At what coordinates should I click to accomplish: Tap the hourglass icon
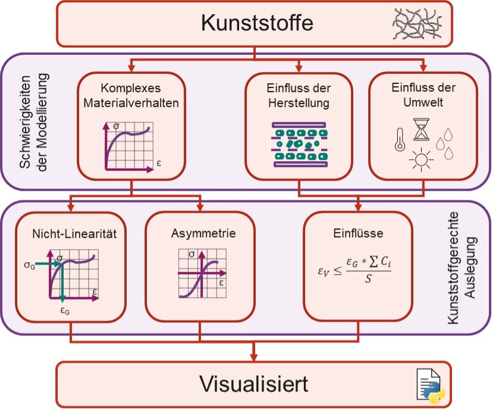(x=422, y=129)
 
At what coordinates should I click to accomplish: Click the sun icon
(x=423, y=160)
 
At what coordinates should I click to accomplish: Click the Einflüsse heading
(x=358, y=234)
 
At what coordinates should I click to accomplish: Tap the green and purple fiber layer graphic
(x=299, y=144)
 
